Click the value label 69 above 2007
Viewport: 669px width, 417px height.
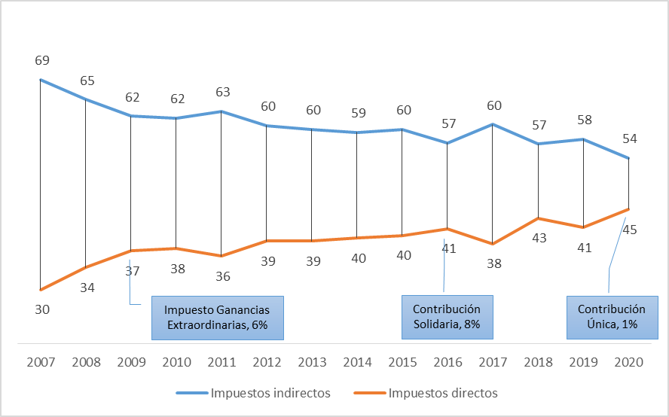[42, 60]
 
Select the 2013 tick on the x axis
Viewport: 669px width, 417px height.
[313, 361]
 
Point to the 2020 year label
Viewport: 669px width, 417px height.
[629, 361]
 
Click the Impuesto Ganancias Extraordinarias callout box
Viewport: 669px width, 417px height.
[218, 318]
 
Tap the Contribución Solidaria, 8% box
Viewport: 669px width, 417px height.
[446, 317]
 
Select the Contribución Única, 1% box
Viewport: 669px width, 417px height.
[611, 317]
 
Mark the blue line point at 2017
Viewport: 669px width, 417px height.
[493, 124]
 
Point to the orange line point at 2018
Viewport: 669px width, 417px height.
[538, 218]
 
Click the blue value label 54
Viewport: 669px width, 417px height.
[629, 139]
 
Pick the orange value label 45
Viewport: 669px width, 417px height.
[630, 230]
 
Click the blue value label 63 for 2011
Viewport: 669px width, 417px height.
[222, 93]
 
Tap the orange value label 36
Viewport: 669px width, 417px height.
[222, 276]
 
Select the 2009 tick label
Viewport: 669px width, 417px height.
[132, 361]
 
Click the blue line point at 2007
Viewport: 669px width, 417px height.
[41, 80]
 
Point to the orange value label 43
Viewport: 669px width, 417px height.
[539, 238]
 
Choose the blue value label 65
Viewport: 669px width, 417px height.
[87, 80]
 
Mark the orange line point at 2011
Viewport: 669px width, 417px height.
[221, 256]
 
